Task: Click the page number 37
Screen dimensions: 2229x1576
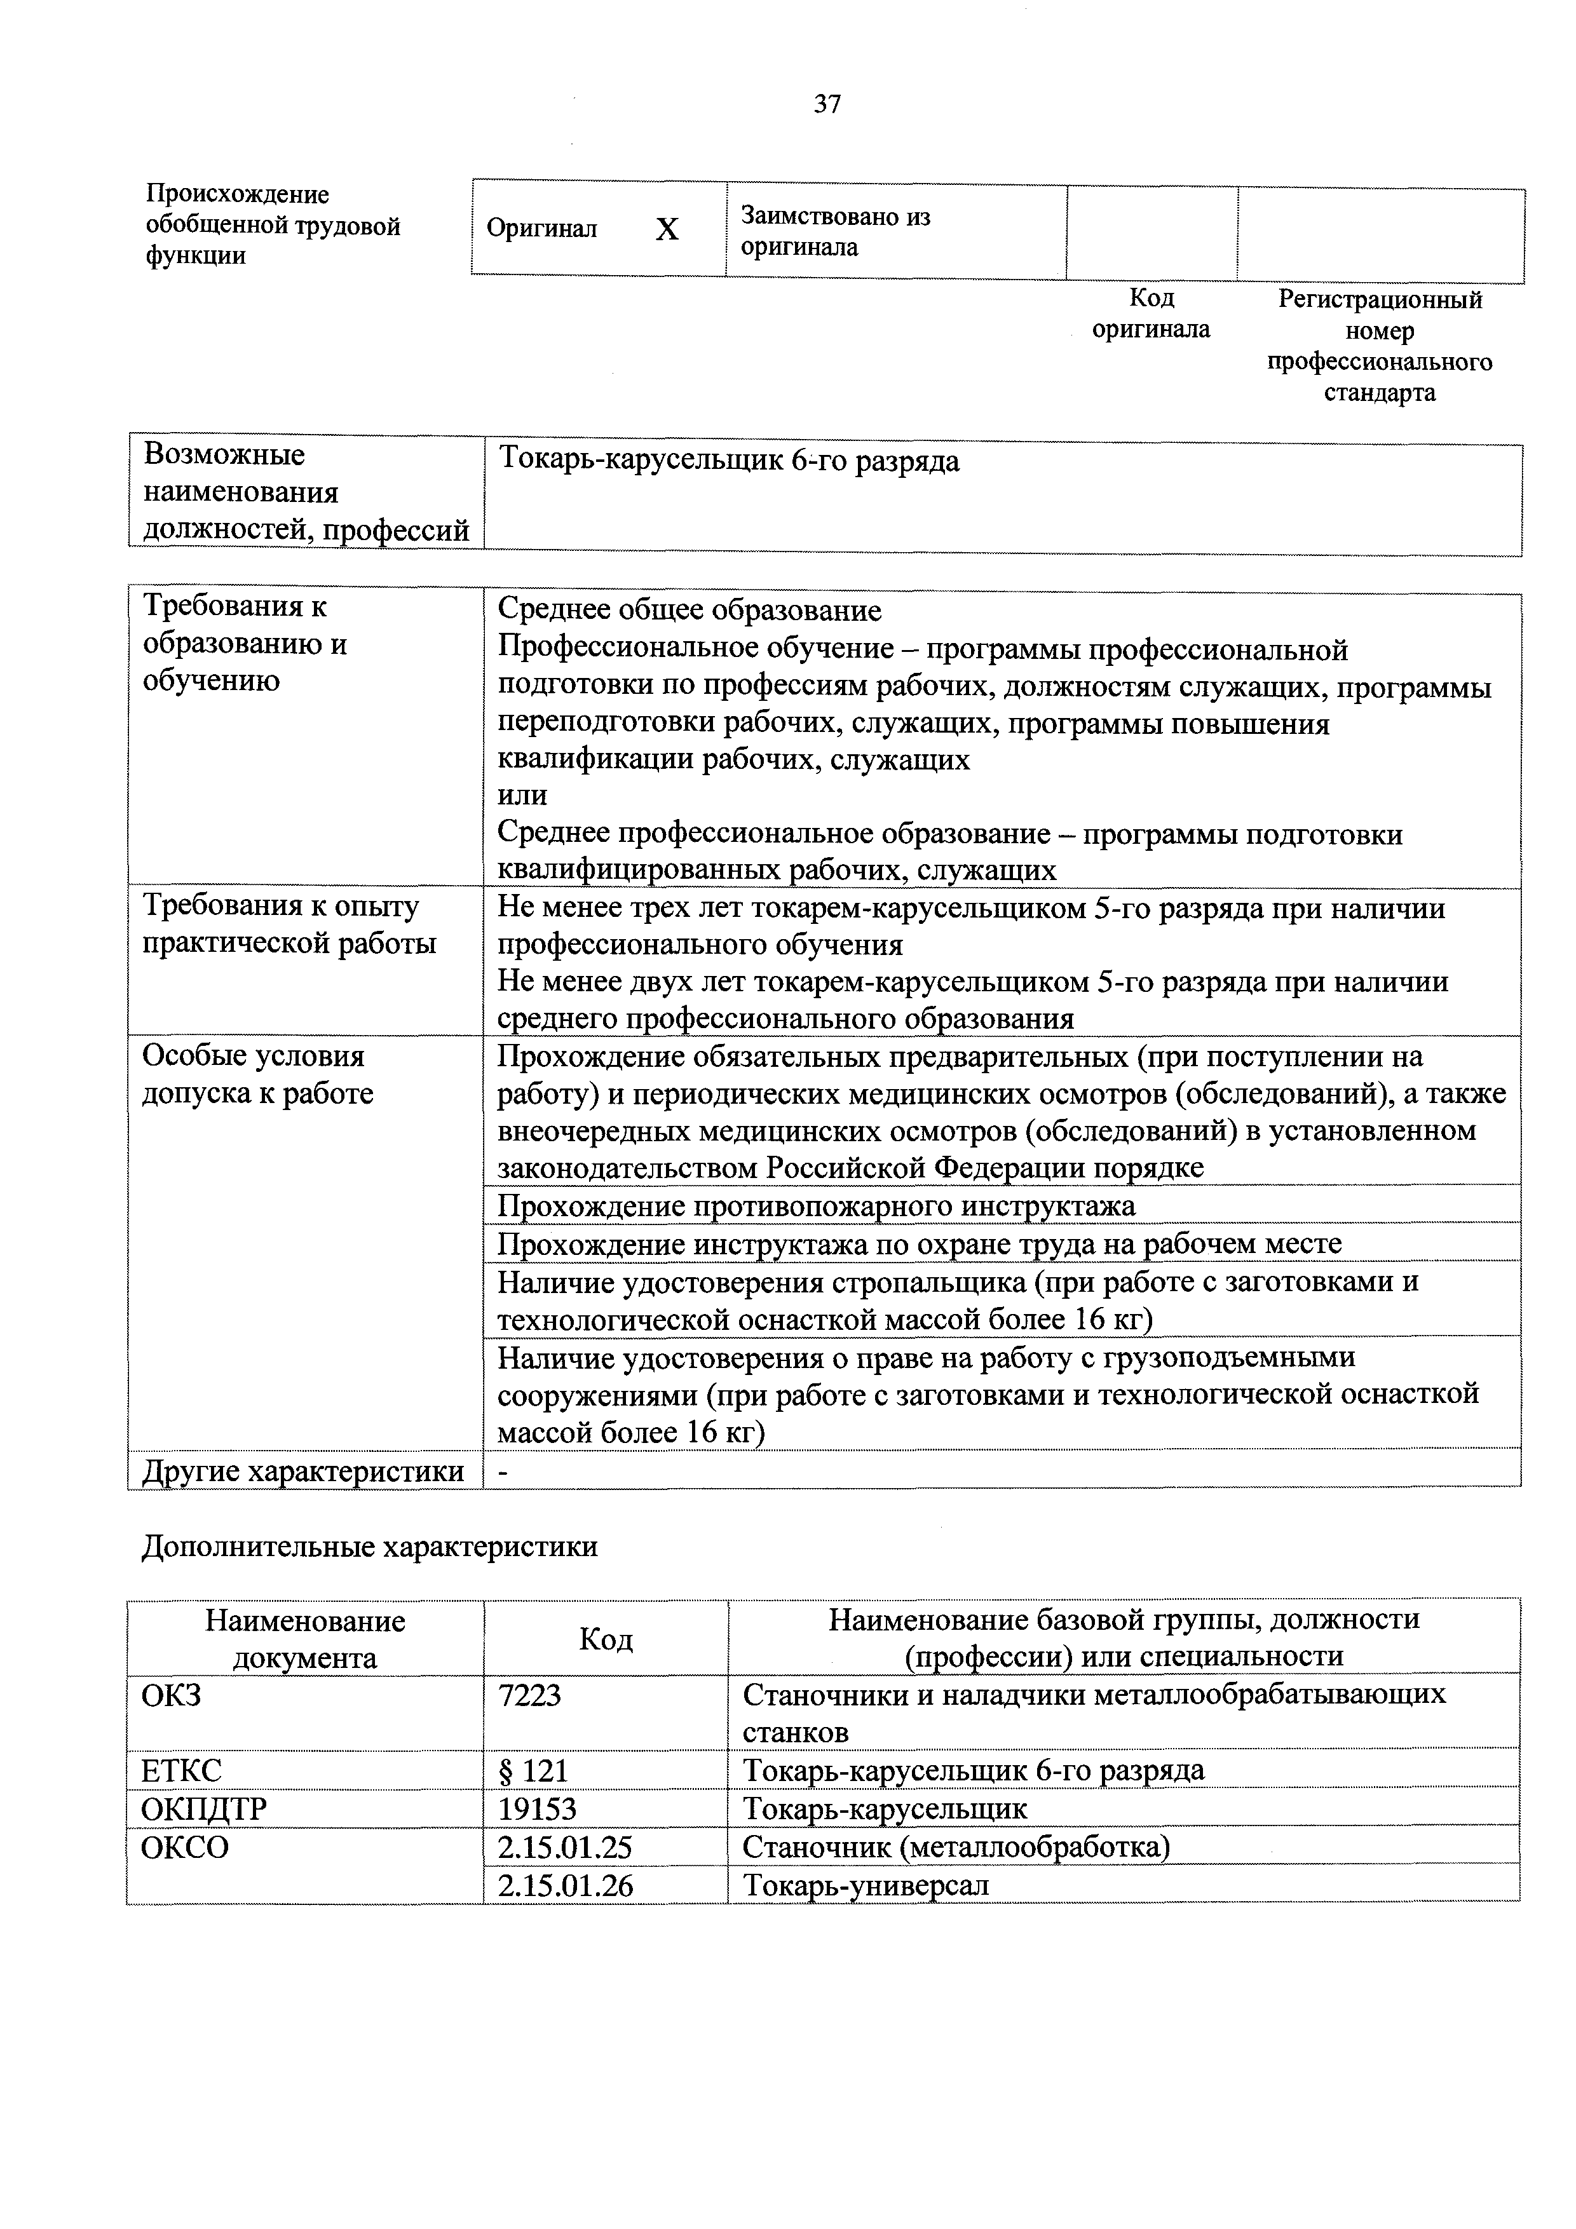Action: click(x=827, y=104)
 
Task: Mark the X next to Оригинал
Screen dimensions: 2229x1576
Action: click(x=667, y=230)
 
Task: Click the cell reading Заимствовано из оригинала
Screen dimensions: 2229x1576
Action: click(x=835, y=231)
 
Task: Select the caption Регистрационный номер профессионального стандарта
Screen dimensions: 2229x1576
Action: click(x=1379, y=346)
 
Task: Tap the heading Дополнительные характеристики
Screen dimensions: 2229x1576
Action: click(x=370, y=1547)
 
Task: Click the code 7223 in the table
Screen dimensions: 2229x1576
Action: click(x=529, y=1695)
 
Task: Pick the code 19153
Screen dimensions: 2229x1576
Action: click(x=537, y=1808)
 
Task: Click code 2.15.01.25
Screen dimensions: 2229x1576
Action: click(x=564, y=1846)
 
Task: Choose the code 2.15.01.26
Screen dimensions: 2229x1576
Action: click(x=564, y=1885)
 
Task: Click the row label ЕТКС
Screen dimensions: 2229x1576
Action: click(x=182, y=1771)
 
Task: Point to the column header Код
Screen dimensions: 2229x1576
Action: click(x=605, y=1640)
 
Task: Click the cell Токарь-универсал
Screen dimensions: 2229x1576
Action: click(x=865, y=1885)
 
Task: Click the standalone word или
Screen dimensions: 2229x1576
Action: click(x=522, y=795)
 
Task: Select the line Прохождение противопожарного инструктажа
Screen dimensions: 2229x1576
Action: click(x=816, y=1206)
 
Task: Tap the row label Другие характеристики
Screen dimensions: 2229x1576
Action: click(x=303, y=1472)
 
